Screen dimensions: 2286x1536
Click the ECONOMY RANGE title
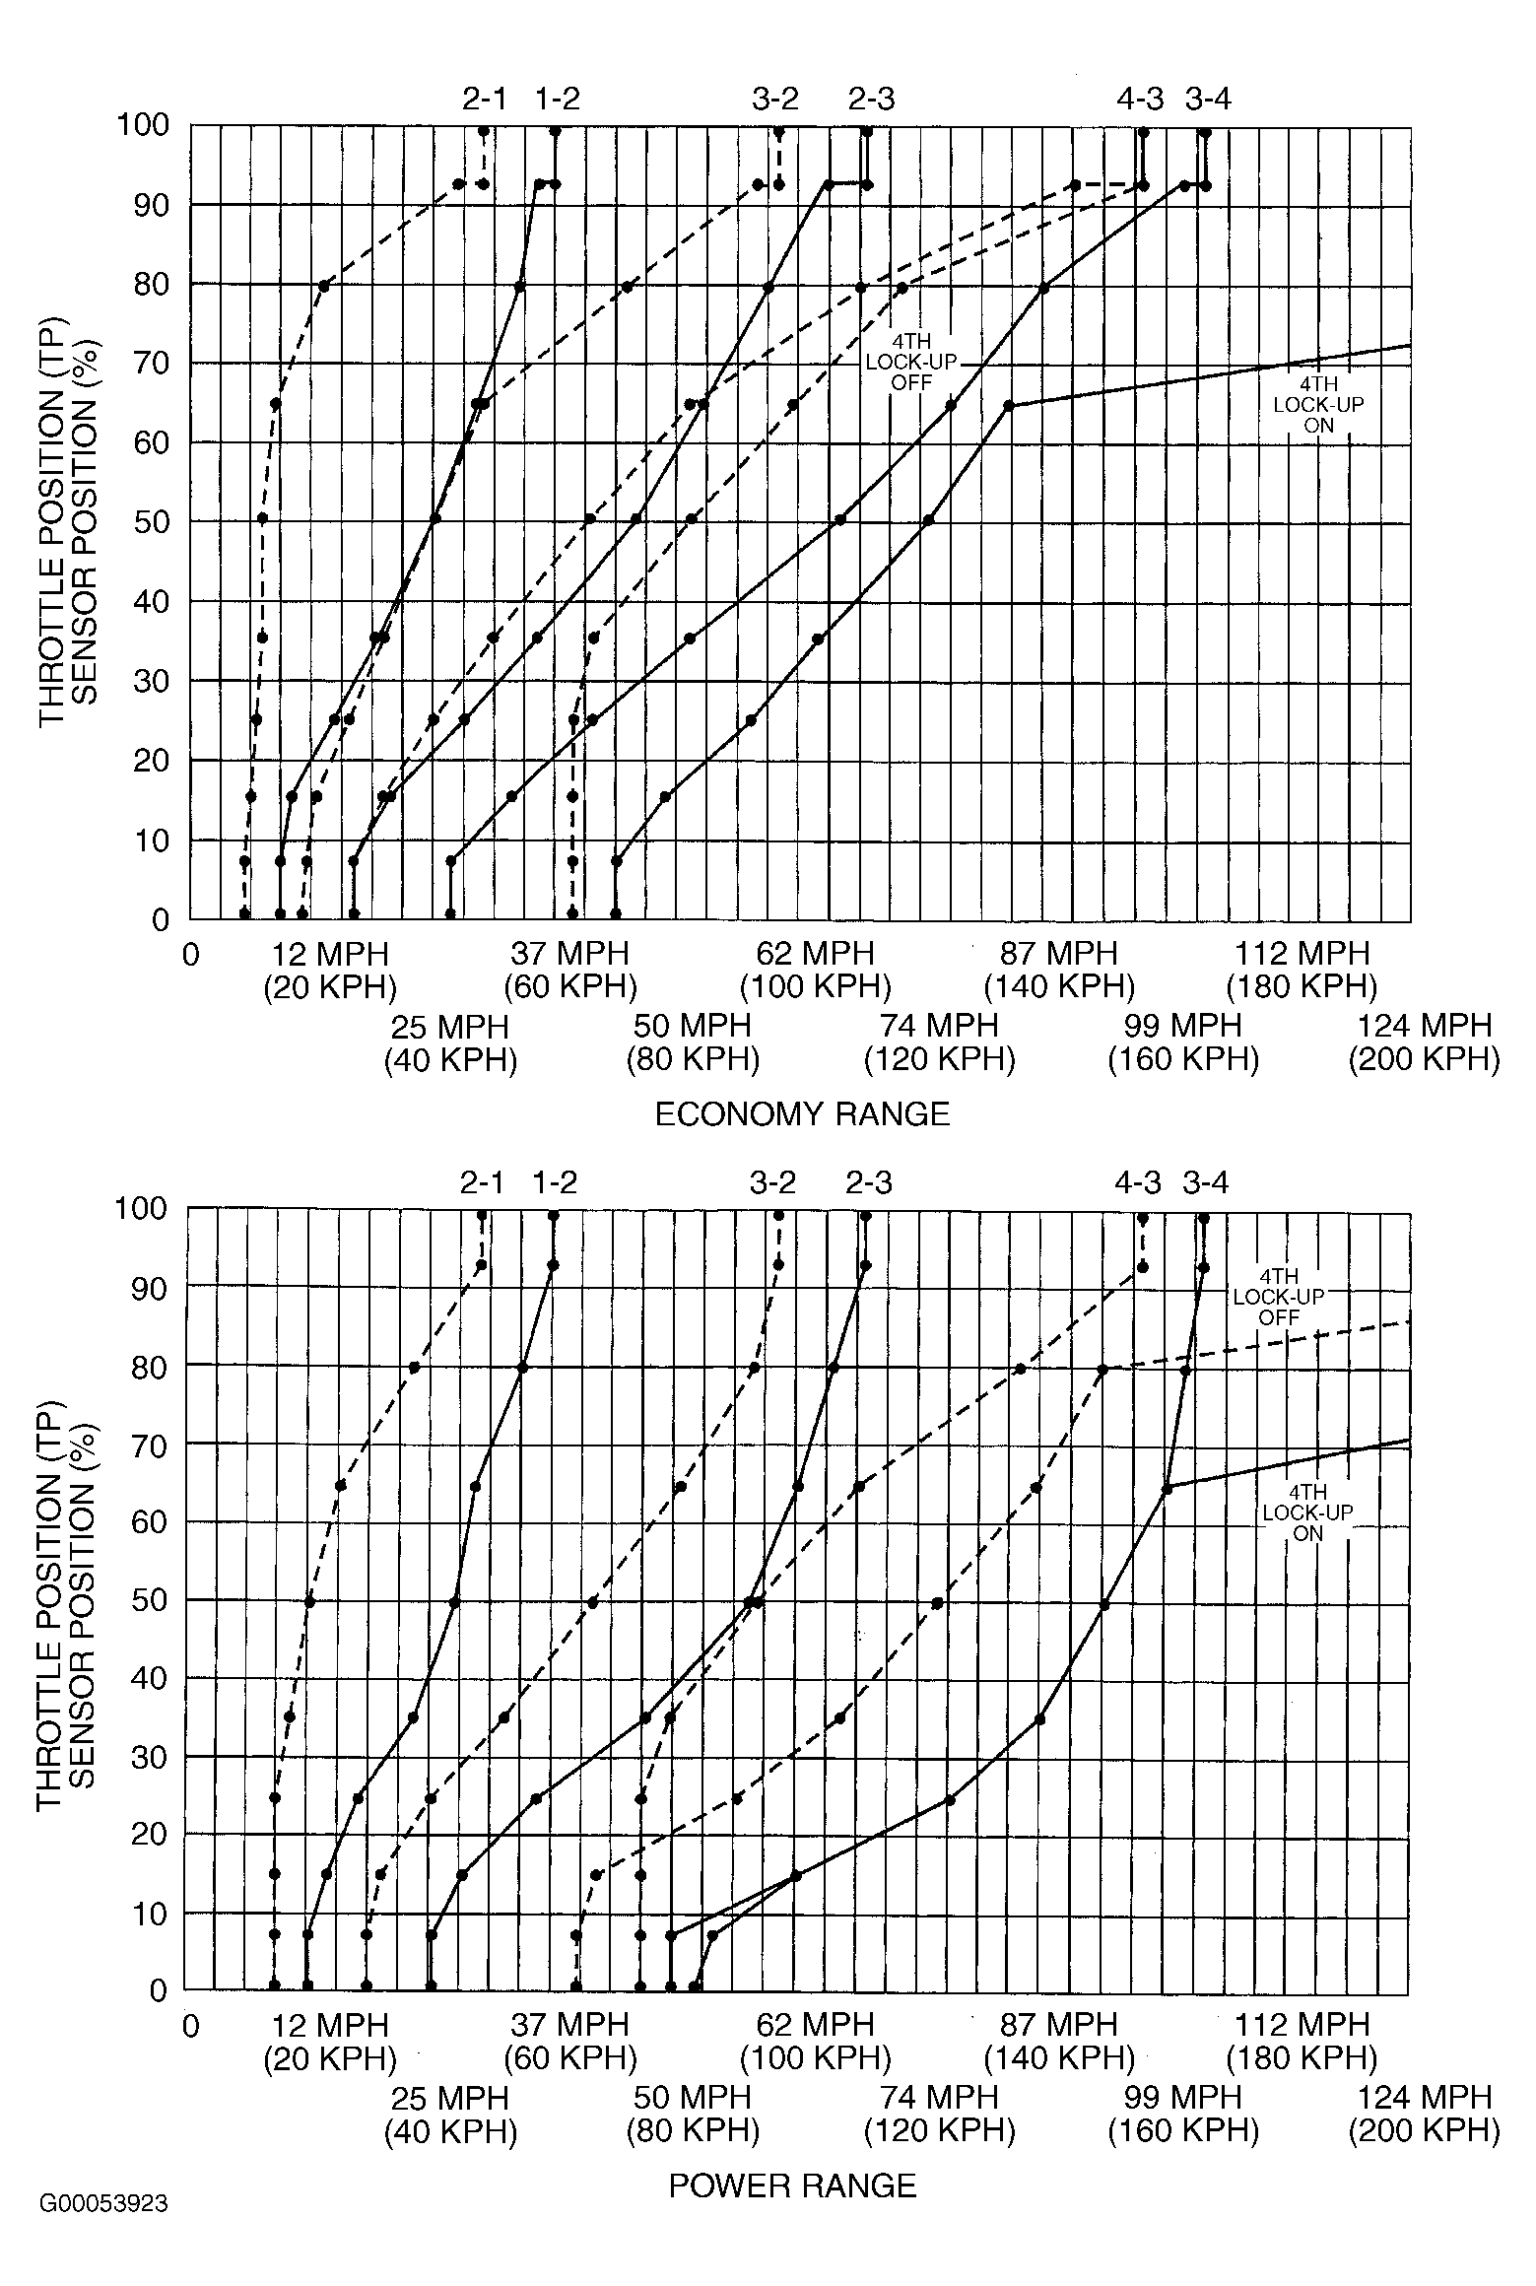(x=802, y=1114)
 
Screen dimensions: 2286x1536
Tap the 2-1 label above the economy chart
(x=484, y=99)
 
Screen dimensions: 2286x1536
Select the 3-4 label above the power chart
(x=1206, y=1182)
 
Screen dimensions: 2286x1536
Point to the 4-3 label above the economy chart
(x=1140, y=99)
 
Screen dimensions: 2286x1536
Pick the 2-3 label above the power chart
(x=869, y=1182)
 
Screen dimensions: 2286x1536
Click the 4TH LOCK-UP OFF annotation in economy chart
(x=911, y=362)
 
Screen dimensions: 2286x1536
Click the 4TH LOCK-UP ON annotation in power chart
(x=1307, y=1513)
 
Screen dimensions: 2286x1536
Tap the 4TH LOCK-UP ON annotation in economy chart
(x=1318, y=405)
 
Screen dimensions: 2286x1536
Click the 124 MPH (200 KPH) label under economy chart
(x=1424, y=1042)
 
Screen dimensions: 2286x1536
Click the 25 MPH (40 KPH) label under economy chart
(x=450, y=1042)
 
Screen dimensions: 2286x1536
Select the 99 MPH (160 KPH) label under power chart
(x=1183, y=2113)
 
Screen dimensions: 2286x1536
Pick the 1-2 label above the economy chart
(x=558, y=99)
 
